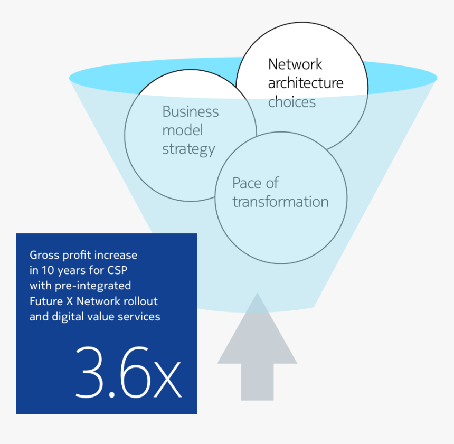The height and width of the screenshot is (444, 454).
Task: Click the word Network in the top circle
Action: (x=295, y=64)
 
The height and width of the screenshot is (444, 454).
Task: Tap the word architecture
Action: (x=305, y=83)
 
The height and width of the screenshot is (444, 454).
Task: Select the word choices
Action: (x=291, y=102)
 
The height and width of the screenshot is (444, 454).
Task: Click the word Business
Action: (x=190, y=112)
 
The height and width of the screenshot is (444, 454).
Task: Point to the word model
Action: (x=182, y=130)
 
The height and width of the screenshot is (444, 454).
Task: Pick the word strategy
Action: (x=188, y=149)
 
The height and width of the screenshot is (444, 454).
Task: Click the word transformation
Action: (x=280, y=202)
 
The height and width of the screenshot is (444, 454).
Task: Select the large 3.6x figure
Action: (x=128, y=373)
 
